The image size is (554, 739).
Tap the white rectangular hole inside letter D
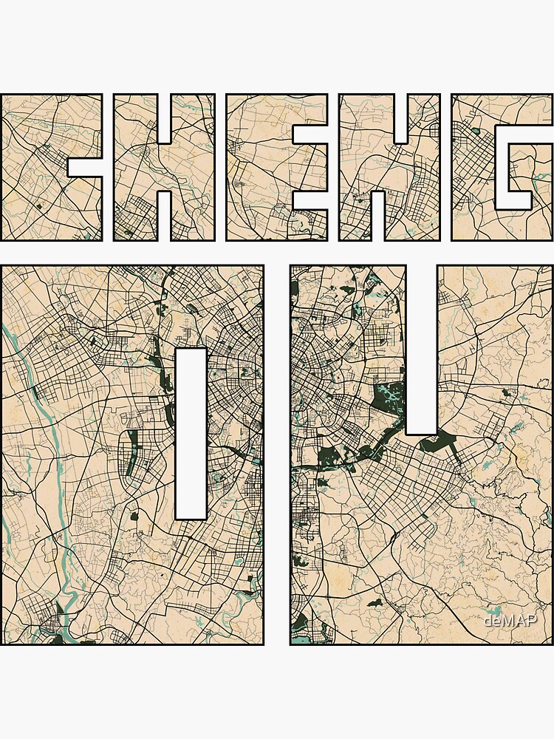tap(191, 433)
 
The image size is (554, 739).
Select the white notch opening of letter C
tap(85, 166)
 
